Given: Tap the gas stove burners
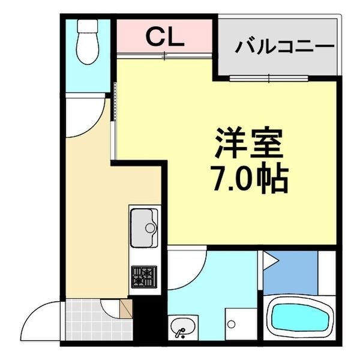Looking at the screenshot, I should [x=144, y=277].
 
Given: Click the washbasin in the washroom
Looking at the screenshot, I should [x=182, y=328].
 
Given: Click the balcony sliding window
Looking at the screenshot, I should [x=269, y=78].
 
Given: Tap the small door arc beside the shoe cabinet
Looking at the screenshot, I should [x=110, y=307].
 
